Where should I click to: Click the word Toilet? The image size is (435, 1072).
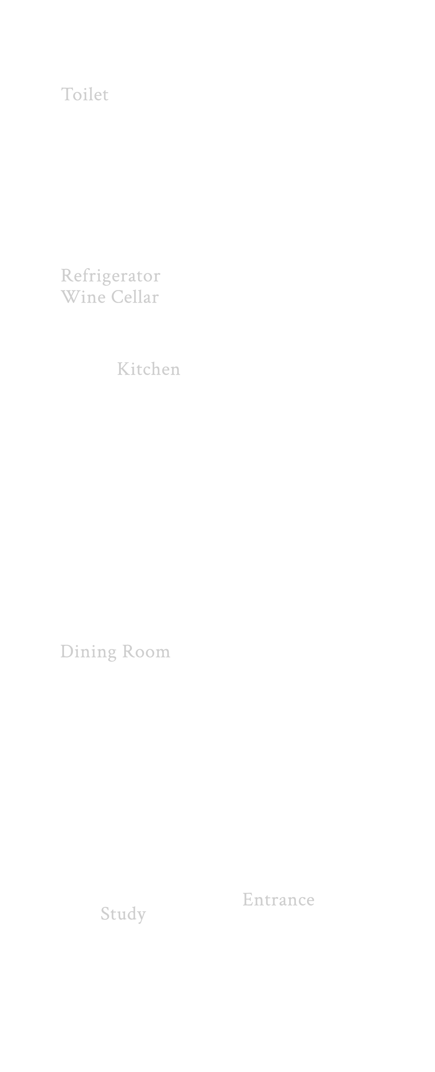[x=84, y=94]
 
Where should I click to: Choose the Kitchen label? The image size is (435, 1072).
[x=148, y=369]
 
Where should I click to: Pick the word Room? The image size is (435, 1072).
[x=146, y=652]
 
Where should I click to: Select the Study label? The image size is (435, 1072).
[x=123, y=914]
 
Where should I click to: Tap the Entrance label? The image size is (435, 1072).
[x=278, y=900]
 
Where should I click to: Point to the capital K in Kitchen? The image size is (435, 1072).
[x=123, y=369]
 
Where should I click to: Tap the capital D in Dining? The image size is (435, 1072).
[x=67, y=652]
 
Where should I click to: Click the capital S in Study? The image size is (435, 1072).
[x=105, y=914]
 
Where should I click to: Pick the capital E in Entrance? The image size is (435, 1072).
[x=248, y=900]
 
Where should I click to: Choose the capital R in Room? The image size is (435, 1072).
[x=128, y=652]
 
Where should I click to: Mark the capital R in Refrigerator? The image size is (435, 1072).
[x=67, y=275]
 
